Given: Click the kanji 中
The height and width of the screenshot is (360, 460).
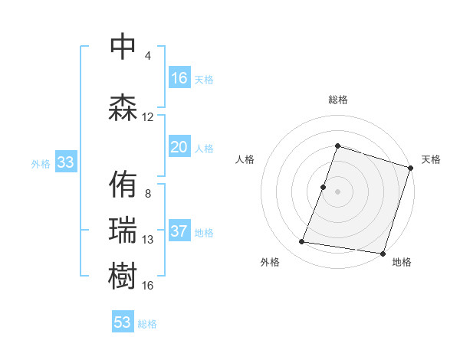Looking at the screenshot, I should tap(123, 47).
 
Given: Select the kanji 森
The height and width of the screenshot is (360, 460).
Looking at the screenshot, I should tap(123, 108).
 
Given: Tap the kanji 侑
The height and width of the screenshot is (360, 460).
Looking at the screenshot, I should tap(123, 185).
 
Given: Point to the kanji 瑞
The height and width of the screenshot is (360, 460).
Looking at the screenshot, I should tap(123, 231).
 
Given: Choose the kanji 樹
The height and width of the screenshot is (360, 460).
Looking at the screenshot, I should tap(123, 277).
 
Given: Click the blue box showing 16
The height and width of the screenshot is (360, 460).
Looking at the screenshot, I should tap(179, 77).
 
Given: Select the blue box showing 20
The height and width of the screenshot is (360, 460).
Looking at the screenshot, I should tap(179, 147).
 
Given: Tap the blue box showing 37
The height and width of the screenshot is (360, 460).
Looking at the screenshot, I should tap(179, 232).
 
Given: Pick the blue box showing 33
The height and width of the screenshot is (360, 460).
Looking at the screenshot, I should tap(65, 162).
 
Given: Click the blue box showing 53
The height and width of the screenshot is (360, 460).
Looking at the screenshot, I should tap(123, 322).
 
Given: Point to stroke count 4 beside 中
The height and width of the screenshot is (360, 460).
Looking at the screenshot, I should tap(148, 56).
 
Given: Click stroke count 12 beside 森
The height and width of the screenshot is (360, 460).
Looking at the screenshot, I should tap(148, 117).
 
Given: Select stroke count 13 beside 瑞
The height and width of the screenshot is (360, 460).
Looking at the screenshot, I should tap(148, 240).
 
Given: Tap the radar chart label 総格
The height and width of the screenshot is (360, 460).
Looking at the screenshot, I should tap(338, 100).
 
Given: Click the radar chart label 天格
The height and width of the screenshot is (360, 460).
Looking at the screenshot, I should tap(431, 159).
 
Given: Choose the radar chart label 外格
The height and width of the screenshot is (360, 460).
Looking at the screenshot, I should tap(270, 262).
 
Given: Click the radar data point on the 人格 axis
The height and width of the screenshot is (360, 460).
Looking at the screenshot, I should tap(324, 187).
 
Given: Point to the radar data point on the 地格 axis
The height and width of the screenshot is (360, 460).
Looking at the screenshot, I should tap(383, 253).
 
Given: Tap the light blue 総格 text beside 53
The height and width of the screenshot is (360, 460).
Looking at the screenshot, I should tap(147, 324).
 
